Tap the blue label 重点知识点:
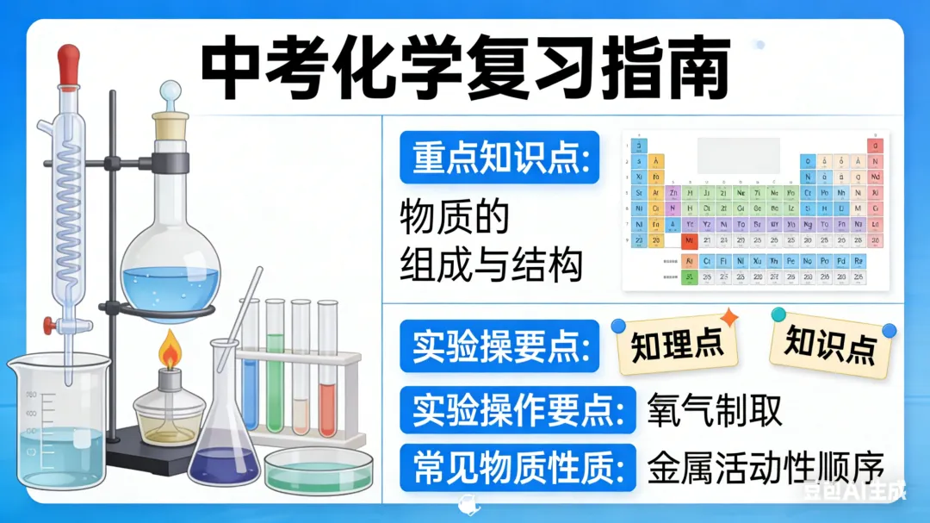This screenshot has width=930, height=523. click(x=499, y=157)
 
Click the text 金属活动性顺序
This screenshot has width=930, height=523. click(x=766, y=469)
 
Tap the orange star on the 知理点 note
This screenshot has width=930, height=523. click(x=728, y=318)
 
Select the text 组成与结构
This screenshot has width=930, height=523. click(x=491, y=265)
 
